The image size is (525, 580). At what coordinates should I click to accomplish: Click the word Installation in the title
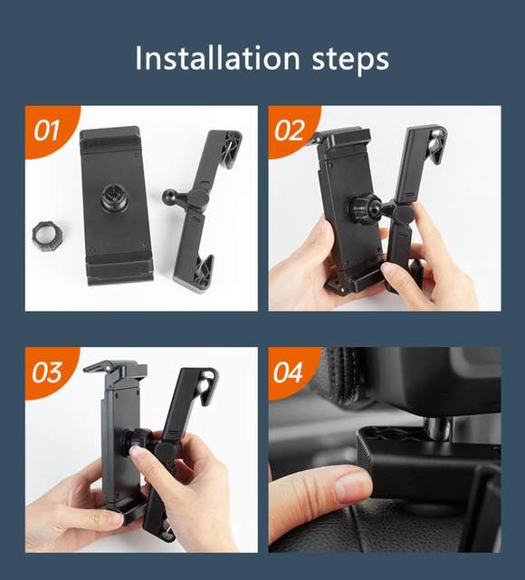pos(217,58)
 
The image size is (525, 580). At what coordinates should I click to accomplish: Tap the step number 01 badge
pos(47,130)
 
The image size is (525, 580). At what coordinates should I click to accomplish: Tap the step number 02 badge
pos(290,130)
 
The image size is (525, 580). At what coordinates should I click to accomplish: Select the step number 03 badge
pos(47,372)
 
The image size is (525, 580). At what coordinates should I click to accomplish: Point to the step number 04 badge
pos(288,372)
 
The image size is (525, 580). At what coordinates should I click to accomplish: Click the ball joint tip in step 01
pos(168,195)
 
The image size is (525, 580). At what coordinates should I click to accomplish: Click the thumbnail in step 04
pos(352,484)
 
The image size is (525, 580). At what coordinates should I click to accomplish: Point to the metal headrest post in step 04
pos(437,426)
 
